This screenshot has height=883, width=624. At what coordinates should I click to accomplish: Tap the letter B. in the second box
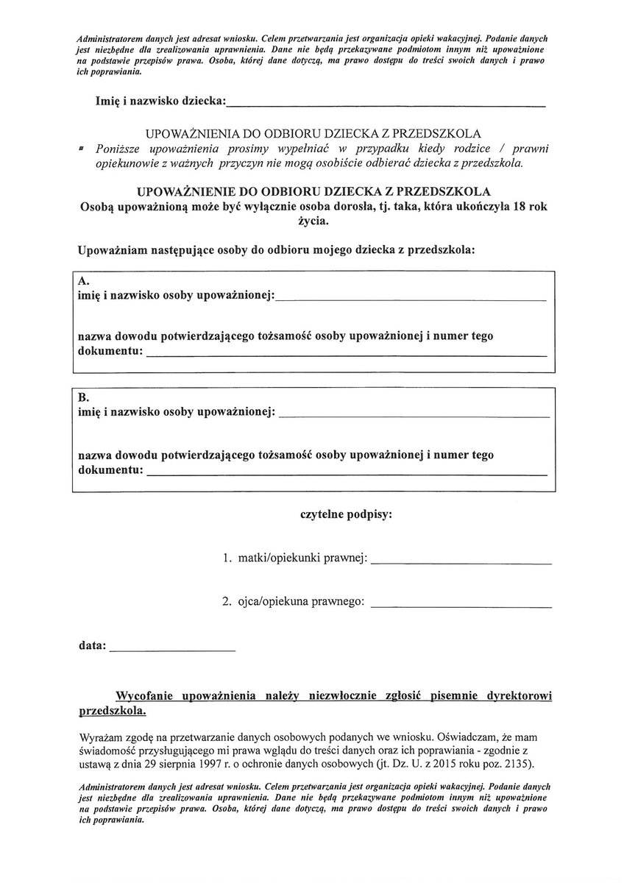coord(84,397)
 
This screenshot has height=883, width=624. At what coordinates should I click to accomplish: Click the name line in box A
coord(412,301)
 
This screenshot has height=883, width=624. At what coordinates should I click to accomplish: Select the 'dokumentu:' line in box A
coord(347,355)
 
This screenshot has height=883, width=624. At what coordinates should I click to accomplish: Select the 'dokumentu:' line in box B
coord(347,475)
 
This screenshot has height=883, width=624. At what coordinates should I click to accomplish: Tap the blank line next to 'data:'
coord(173,651)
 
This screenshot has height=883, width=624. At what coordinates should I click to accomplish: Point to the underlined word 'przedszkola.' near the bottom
coord(112,712)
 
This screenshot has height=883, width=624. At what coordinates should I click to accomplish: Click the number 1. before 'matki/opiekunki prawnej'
coord(227,559)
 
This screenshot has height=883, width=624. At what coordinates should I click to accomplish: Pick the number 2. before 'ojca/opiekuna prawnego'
coord(227,603)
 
